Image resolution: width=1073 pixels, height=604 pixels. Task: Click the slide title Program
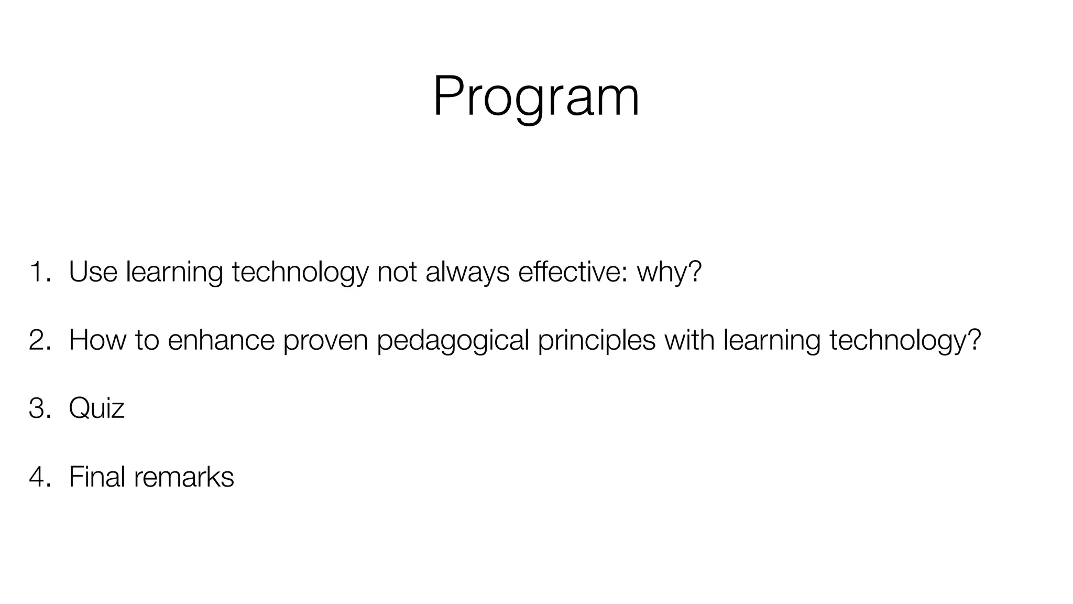(x=535, y=97)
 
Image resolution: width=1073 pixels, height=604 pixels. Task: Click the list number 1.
(x=40, y=272)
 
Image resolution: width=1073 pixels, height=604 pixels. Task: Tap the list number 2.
(x=40, y=340)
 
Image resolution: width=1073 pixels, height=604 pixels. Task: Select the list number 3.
(x=40, y=408)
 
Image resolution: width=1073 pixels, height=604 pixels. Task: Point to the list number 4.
(x=40, y=477)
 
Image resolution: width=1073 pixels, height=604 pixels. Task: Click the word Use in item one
(x=93, y=272)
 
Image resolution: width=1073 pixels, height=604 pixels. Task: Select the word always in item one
(x=467, y=272)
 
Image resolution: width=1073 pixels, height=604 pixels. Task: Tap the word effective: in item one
(x=572, y=272)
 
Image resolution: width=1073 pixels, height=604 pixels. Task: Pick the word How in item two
(x=97, y=340)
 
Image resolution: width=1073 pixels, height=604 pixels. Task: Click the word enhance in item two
(x=221, y=340)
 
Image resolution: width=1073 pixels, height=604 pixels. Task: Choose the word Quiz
(x=96, y=408)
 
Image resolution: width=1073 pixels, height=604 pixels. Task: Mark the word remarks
(x=183, y=477)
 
